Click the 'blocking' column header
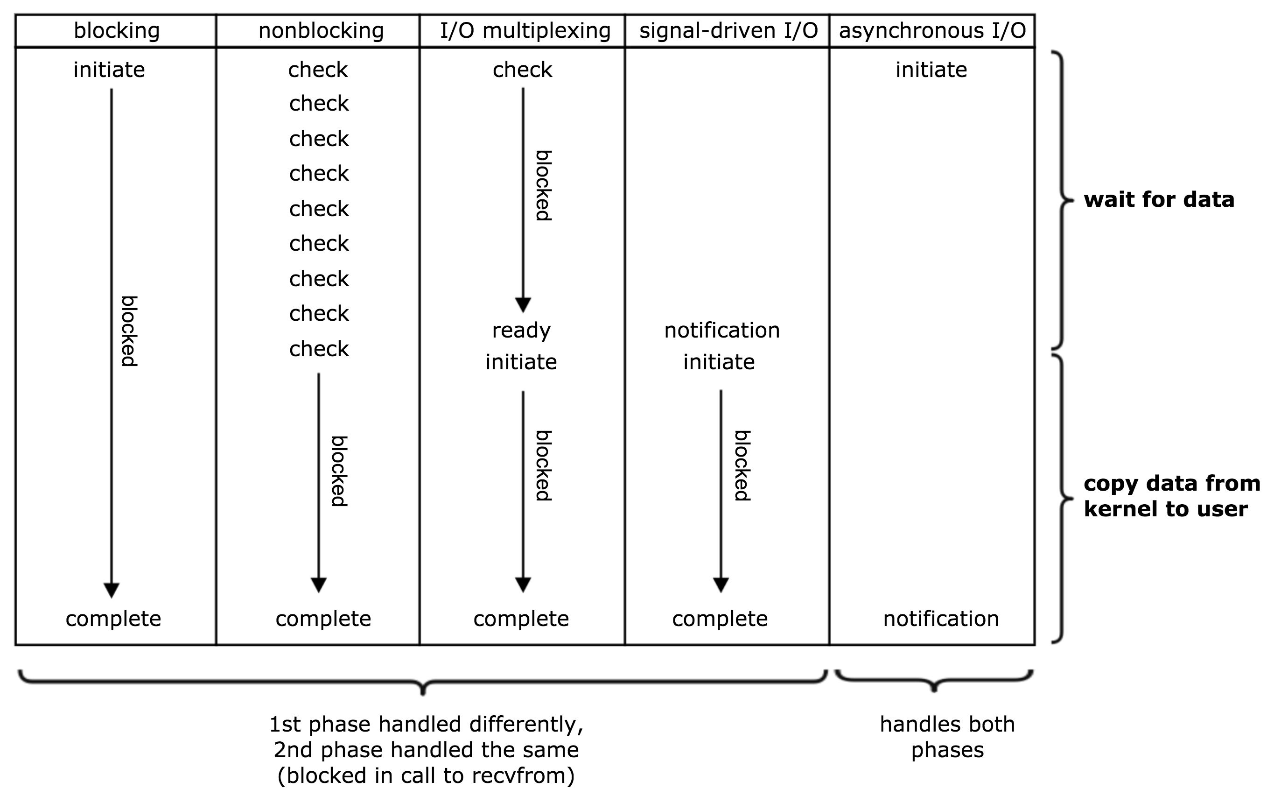[116, 31]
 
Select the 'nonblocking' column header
[321, 31]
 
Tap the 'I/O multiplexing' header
[525, 31]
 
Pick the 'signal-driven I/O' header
[728, 31]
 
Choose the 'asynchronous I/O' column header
[932, 31]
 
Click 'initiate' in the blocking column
[109, 70]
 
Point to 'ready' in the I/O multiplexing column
[521, 331]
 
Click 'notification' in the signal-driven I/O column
[722, 331]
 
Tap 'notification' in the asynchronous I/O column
[940, 619]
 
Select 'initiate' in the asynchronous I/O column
[931, 70]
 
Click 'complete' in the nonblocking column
[323, 619]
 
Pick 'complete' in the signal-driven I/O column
[720, 619]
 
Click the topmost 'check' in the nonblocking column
[318, 70]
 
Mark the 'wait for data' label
[1159, 200]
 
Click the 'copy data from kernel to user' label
[1171, 496]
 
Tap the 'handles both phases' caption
[947, 737]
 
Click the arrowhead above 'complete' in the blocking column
[112, 590]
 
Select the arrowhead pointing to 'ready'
[523, 305]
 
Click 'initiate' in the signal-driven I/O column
[719, 362]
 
